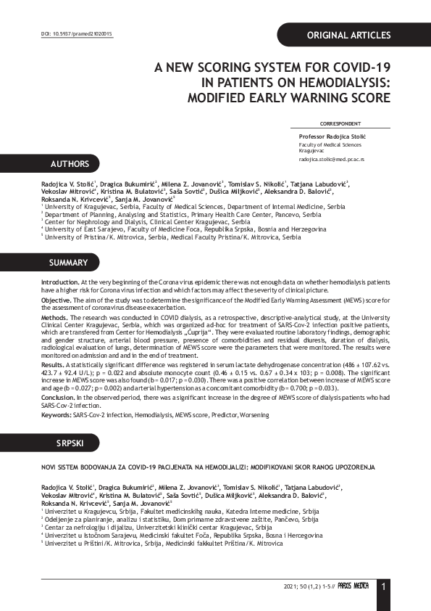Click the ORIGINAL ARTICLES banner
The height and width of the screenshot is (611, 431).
pos(348,35)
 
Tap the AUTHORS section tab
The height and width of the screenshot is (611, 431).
pos(69,164)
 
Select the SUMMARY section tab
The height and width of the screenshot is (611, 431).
pos(68,263)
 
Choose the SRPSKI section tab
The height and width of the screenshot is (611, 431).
pos(67,443)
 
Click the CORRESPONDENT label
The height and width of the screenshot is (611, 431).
pos(340,124)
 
